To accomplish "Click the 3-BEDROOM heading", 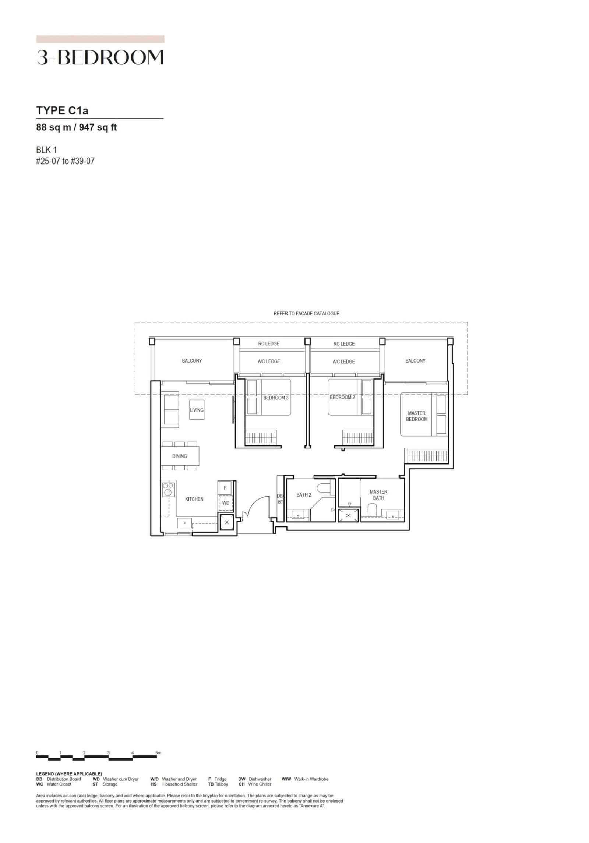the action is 100,58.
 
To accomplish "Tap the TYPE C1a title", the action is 62,110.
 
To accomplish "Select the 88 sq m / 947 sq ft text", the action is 77,128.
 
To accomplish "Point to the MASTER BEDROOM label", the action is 417,416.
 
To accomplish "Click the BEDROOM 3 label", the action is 276,398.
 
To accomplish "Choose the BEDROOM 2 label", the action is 342,398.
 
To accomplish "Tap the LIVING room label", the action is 197,410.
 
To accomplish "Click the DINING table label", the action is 180,456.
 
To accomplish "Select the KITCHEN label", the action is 194,499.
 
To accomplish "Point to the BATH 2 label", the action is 304,495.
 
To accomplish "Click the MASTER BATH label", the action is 378,495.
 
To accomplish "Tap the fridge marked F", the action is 225,488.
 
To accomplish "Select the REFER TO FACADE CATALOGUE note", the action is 306,314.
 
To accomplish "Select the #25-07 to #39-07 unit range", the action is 65,161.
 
